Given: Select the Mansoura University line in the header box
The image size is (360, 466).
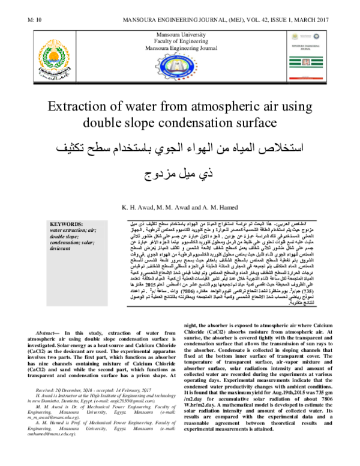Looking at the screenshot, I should tap(179, 37).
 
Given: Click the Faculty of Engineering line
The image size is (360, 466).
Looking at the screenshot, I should tap(179, 43).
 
